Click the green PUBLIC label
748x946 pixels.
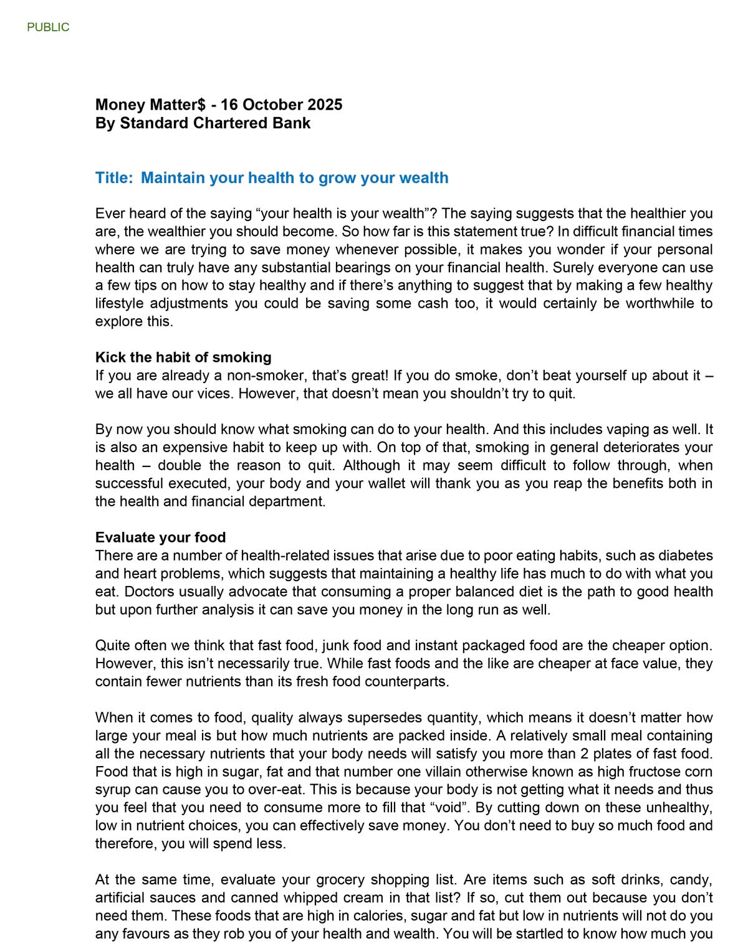point(48,27)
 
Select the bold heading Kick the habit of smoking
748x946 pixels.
point(183,357)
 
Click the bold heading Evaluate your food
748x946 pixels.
point(160,537)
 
